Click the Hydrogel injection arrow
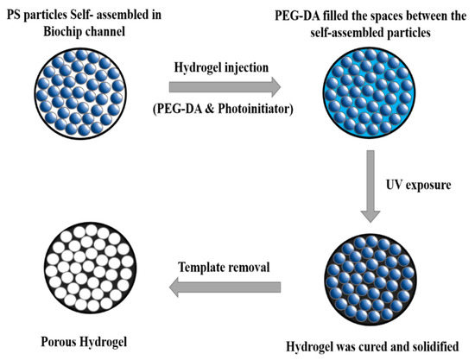pos(223,85)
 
